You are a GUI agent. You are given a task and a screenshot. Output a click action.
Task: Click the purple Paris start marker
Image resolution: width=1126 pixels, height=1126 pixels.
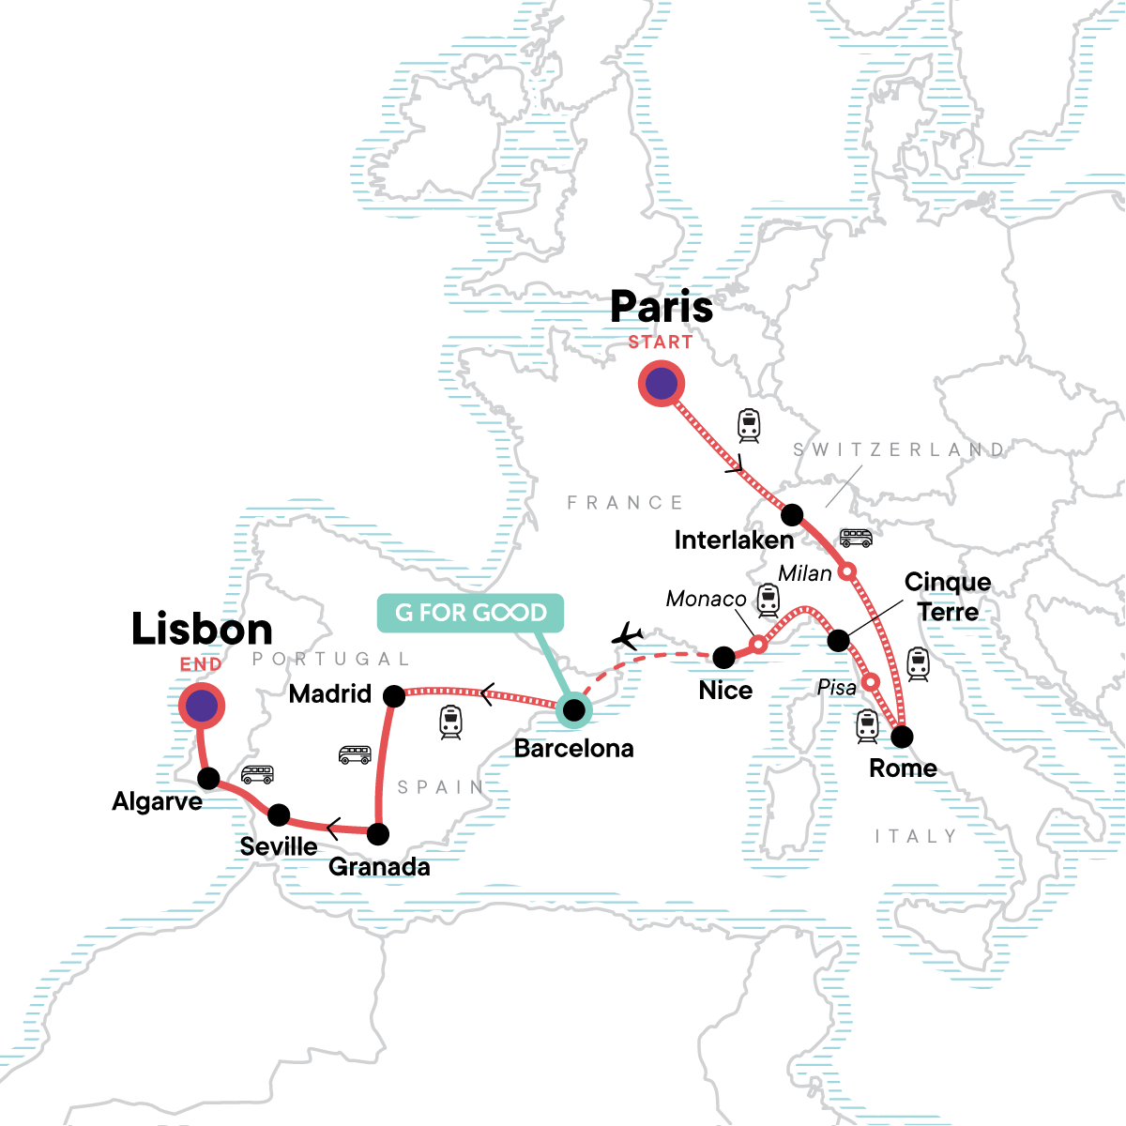[x=662, y=384]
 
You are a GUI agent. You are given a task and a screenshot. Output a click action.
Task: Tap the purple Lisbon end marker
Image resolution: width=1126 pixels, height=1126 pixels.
[x=202, y=706]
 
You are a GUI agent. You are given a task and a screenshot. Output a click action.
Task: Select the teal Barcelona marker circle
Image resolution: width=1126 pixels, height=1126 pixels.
[x=573, y=711]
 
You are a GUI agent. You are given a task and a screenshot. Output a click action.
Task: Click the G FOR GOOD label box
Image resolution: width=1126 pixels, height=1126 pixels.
[x=470, y=613]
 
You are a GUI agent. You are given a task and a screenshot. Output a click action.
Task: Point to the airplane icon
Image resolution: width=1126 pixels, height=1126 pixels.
[x=628, y=637]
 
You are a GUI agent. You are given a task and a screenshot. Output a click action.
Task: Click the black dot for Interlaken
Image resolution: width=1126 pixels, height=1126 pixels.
[x=792, y=514]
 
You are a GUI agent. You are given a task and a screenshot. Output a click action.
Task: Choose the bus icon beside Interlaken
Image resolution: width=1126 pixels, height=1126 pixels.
[x=856, y=538]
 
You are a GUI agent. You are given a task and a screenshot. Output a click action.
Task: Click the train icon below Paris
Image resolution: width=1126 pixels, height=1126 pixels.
[x=748, y=425]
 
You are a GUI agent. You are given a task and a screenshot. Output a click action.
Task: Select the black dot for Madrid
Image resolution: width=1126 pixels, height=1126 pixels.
[x=394, y=695]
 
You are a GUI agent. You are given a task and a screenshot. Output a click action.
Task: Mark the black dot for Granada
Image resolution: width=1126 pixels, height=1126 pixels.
[x=377, y=833]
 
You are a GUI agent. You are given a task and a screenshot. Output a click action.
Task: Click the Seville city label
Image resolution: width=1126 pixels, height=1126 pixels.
[x=279, y=846]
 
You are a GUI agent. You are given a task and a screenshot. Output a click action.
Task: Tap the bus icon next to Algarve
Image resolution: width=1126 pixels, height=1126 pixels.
[x=257, y=774]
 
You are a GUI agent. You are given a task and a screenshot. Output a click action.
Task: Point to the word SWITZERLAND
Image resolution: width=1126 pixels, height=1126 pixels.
[x=898, y=449]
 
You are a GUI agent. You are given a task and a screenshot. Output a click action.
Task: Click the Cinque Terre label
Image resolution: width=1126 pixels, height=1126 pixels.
[x=948, y=597]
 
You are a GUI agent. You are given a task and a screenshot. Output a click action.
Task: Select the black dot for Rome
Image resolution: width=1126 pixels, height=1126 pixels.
[x=902, y=737]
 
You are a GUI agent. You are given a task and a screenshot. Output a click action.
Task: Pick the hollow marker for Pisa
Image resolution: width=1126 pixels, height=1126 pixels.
[x=871, y=681]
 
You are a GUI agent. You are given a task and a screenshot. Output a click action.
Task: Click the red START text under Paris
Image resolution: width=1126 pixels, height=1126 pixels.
[x=661, y=342]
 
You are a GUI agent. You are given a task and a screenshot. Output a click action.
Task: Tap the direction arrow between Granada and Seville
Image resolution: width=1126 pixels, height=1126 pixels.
[x=332, y=829]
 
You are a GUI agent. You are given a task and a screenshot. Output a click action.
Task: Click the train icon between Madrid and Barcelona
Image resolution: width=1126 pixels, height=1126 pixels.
[x=450, y=722]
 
